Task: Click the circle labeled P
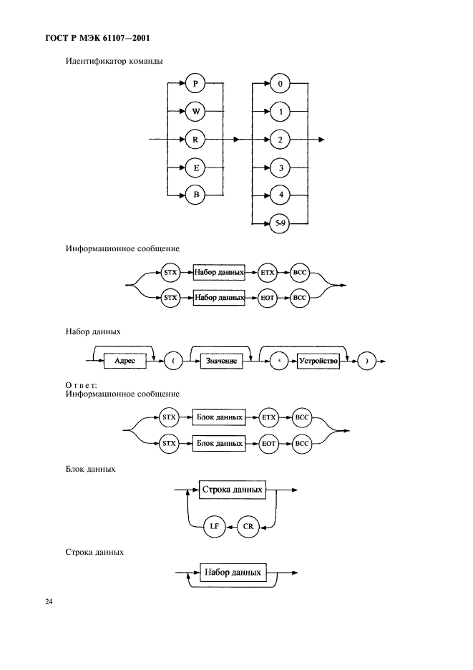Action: (x=195, y=84)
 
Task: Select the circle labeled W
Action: (x=195, y=112)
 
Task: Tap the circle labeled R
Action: (x=195, y=140)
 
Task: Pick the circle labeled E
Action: (x=195, y=167)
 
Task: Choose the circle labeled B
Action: (x=195, y=194)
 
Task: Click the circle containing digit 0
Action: (x=281, y=84)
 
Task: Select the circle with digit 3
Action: (x=281, y=167)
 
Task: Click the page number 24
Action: (x=49, y=602)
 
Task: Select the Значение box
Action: (x=222, y=361)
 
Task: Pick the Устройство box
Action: (x=318, y=361)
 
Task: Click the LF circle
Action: (x=214, y=526)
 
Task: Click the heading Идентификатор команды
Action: (x=114, y=61)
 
